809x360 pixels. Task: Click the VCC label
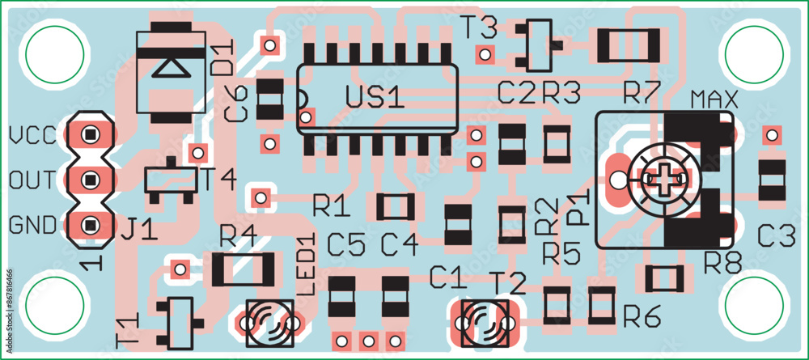click(32, 134)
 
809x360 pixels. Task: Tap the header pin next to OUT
click(89, 179)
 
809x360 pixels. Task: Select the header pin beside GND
click(89, 223)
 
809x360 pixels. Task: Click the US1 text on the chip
click(374, 97)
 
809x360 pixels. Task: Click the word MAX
click(714, 101)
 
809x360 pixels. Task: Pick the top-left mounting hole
click(55, 54)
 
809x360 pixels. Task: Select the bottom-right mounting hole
click(754, 303)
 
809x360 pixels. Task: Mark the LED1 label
click(306, 264)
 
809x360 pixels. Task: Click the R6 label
click(642, 318)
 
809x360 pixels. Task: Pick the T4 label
click(217, 180)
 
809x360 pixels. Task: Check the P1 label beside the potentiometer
click(578, 207)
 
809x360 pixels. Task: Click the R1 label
click(332, 207)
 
